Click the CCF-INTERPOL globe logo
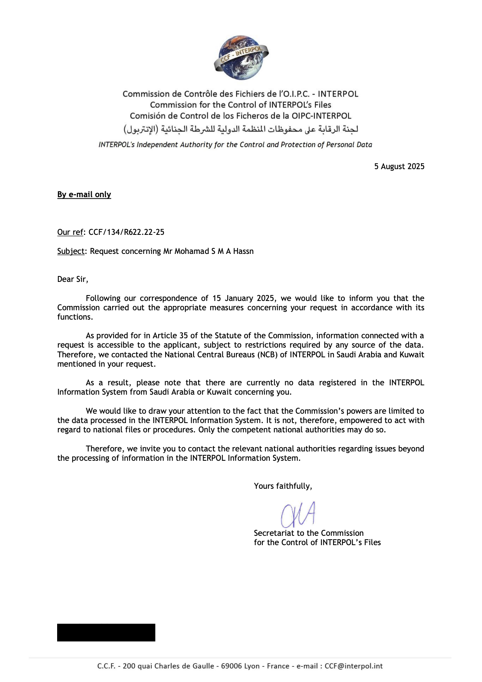(x=241, y=58)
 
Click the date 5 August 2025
(x=399, y=166)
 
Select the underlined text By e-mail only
(x=84, y=194)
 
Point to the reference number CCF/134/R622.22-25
(x=126, y=232)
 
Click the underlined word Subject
(x=70, y=251)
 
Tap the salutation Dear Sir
(x=72, y=279)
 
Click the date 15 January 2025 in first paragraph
(x=244, y=298)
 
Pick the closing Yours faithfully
(x=283, y=486)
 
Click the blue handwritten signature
(x=298, y=514)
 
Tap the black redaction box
(x=106, y=632)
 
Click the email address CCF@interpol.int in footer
(x=353, y=666)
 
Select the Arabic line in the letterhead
(x=241, y=129)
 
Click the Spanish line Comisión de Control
(x=241, y=116)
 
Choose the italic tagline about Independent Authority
(x=235, y=145)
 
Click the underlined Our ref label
(x=70, y=232)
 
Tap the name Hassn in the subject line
(x=243, y=251)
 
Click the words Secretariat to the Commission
(x=309, y=533)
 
